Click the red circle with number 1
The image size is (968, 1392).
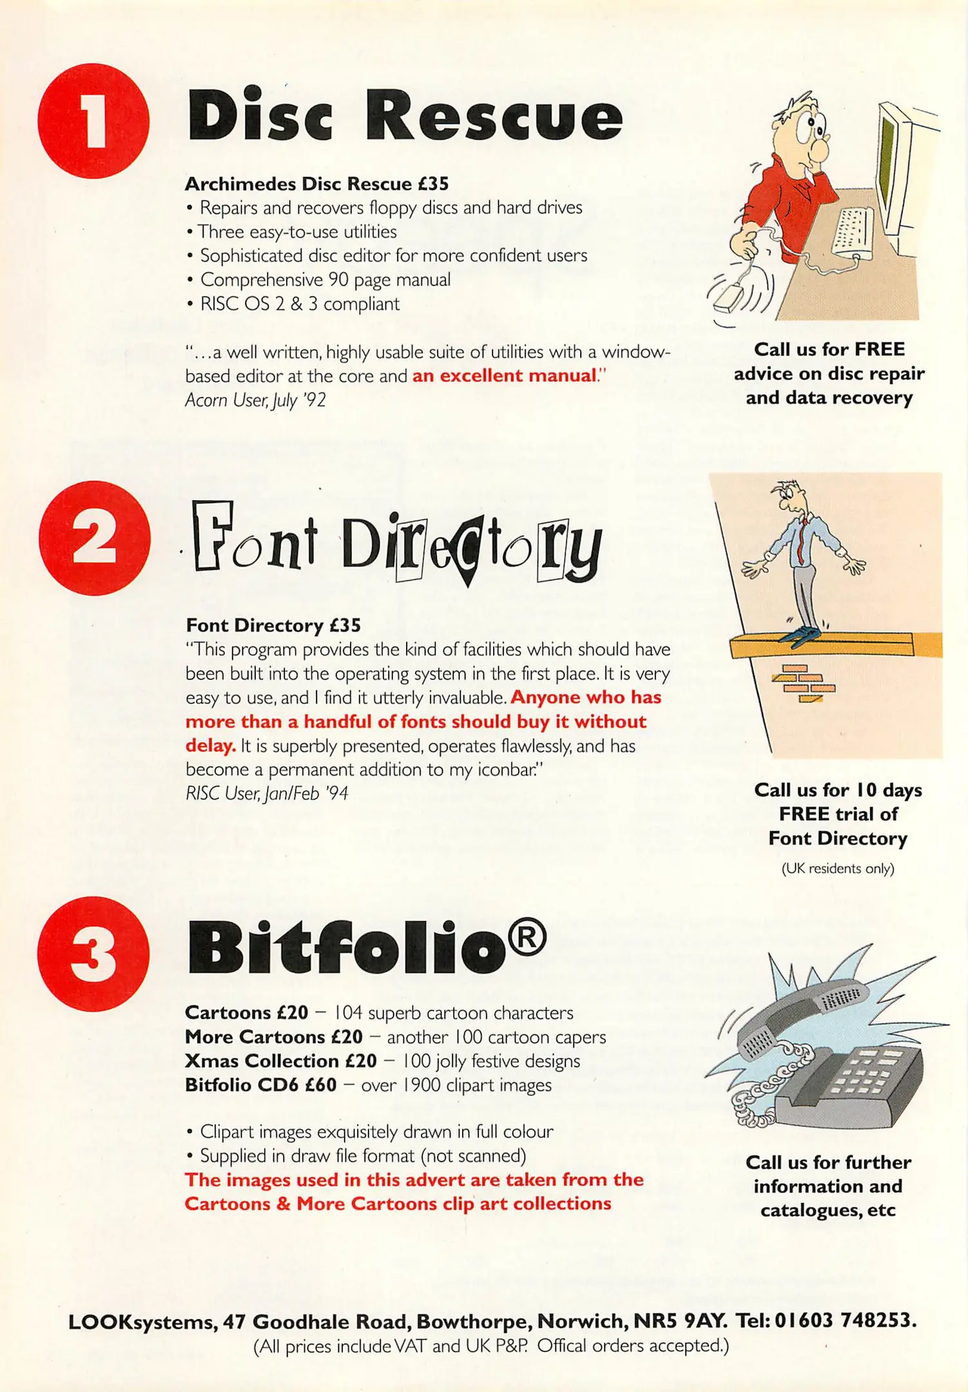[94, 121]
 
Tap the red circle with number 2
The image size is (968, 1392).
[94, 538]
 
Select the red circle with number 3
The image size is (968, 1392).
[94, 954]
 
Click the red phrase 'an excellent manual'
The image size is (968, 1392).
[504, 376]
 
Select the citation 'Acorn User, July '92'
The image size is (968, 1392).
[255, 400]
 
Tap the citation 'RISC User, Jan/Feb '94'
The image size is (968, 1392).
[267, 793]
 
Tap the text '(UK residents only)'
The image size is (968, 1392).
[837, 868]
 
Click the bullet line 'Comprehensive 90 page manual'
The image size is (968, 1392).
[325, 280]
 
